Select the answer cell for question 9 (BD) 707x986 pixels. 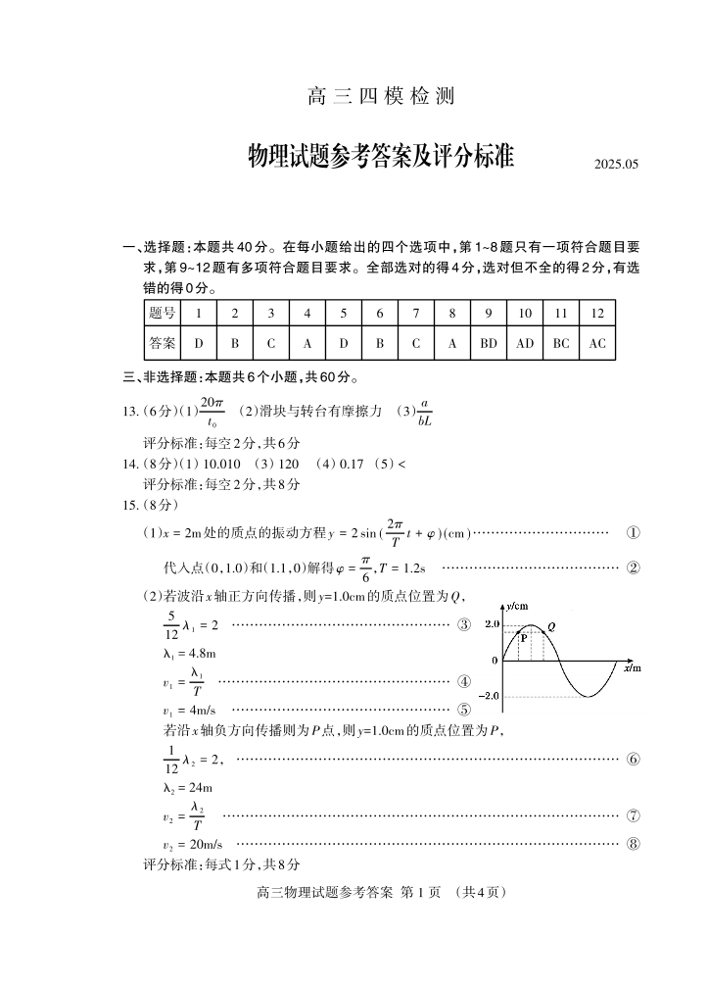tap(489, 344)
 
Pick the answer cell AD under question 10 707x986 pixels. tap(525, 344)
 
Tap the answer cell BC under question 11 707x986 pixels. tap(561, 344)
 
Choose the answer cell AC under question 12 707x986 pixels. tap(597, 344)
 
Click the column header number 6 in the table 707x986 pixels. tap(379, 314)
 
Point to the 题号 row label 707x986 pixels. tap(163, 314)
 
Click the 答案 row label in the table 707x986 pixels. tap(163, 344)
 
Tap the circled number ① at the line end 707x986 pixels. tap(633, 533)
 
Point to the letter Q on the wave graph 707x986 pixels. tap(551, 626)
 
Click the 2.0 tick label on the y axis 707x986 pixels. tap(493, 623)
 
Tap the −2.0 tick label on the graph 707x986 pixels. tap(490, 696)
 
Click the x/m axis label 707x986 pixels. tap(632, 667)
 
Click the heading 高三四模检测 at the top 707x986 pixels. tap(381, 98)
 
